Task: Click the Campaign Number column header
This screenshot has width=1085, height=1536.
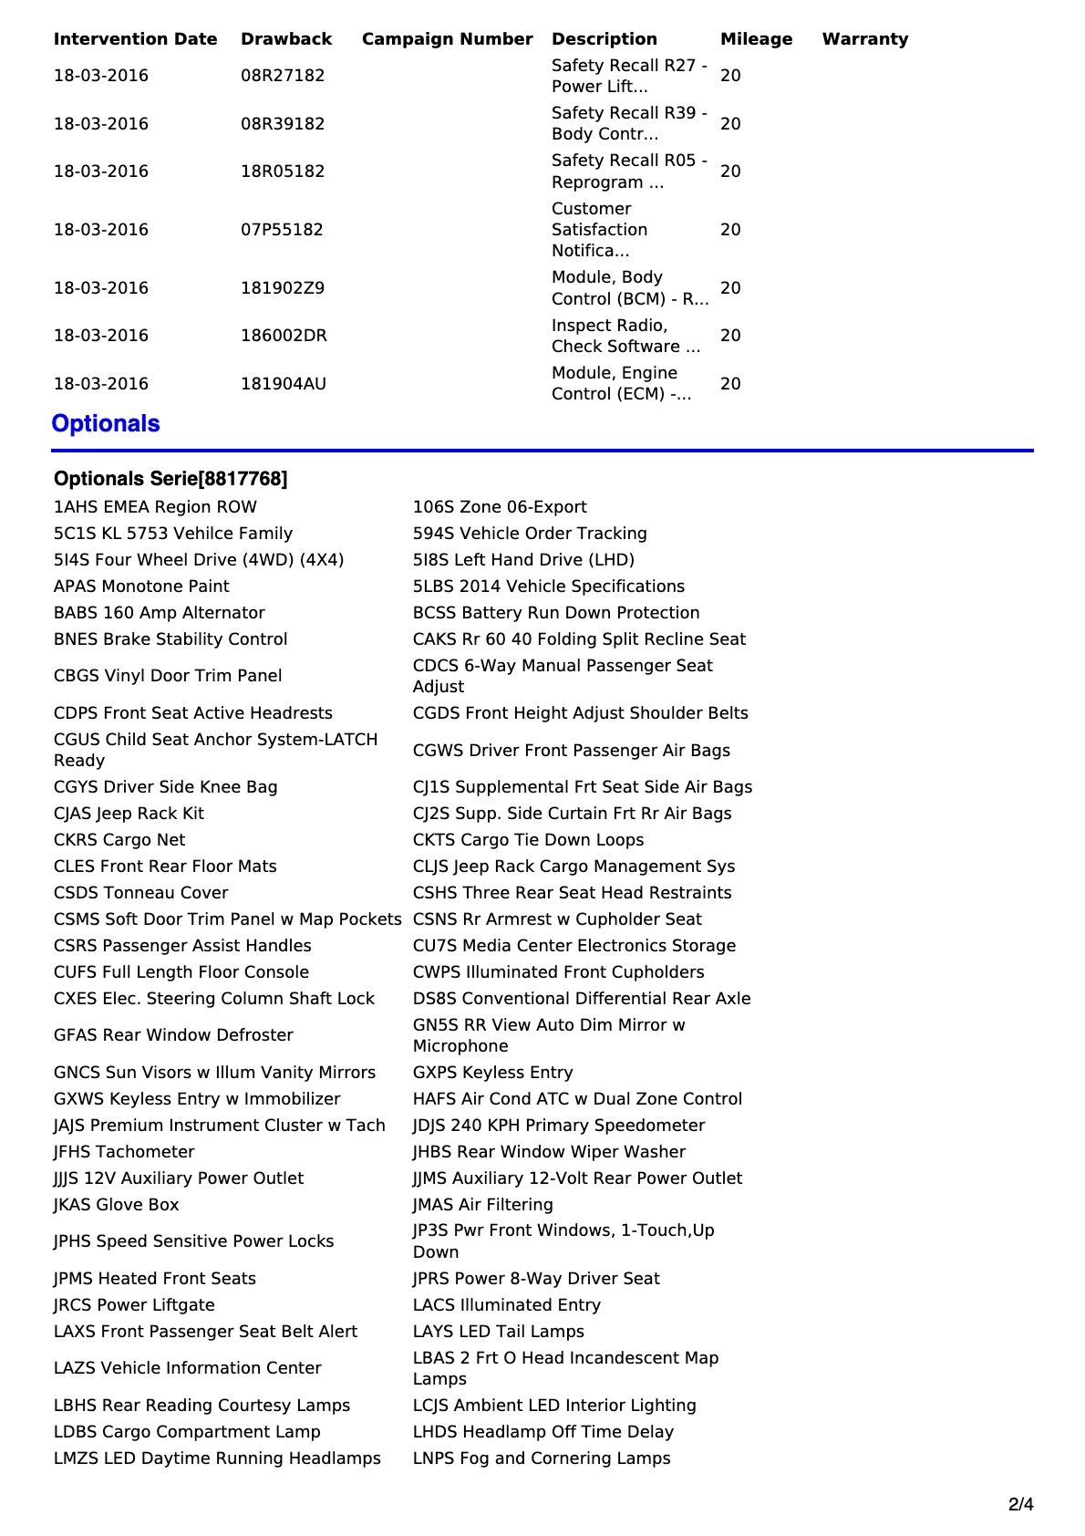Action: pos(447,39)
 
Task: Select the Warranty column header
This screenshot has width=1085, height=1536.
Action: pos(864,39)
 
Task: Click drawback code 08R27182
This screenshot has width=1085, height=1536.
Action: pos(283,76)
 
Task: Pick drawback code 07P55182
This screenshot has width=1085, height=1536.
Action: pos(282,230)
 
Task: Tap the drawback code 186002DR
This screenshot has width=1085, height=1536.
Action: pos(284,336)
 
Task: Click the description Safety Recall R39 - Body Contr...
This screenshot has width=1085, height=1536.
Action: pos(629,123)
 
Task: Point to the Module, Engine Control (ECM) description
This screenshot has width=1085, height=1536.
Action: pos(622,383)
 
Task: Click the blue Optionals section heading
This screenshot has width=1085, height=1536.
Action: pos(106,424)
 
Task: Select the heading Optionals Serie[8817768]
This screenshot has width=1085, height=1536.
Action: pos(170,479)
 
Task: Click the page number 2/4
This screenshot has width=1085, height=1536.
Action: pos(1020,1504)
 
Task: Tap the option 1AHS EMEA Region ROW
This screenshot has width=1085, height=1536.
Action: pos(155,507)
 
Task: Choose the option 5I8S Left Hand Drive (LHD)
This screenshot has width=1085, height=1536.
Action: pos(523,560)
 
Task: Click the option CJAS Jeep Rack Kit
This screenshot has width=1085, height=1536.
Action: pos(129,814)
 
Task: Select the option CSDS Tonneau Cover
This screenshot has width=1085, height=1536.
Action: pos(140,893)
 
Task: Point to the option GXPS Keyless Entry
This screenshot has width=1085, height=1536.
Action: pos(492,1073)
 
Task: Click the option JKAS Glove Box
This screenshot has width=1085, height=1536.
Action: pos(116,1205)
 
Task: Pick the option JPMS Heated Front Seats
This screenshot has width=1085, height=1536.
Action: pos(154,1279)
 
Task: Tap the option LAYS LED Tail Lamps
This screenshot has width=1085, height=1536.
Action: pos(498,1332)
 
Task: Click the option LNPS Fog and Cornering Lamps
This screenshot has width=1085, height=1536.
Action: pos(542,1458)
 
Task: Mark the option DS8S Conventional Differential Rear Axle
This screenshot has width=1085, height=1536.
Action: pos(582,999)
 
